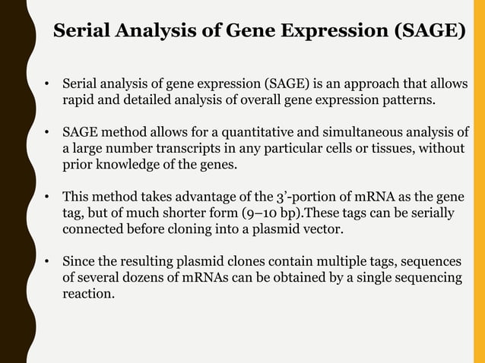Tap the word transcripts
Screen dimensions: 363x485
[196, 147]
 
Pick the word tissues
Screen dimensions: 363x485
[391, 147]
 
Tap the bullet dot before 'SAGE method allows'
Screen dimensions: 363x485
[47, 132]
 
